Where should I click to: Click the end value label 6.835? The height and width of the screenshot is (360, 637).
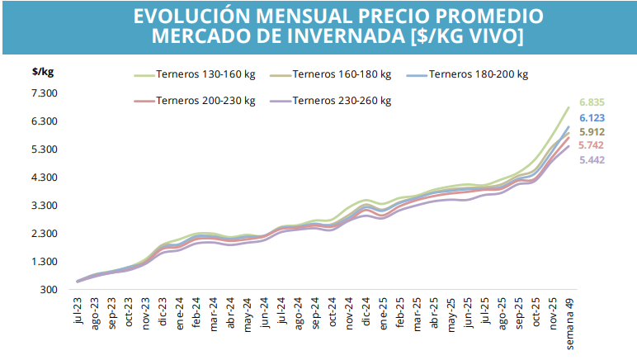[592, 102]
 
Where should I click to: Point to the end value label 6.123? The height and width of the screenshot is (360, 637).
[592, 118]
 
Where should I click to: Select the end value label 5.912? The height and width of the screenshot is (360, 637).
[592, 132]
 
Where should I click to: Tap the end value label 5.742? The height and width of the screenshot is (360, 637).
[592, 145]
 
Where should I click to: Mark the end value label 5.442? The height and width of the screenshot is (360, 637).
[592, 159]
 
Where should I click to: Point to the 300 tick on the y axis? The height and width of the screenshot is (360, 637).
[50, 290]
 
